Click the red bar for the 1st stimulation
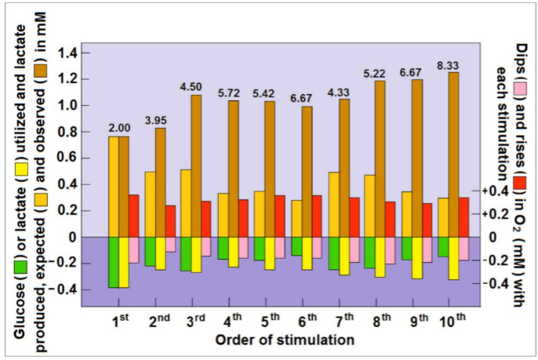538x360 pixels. pyautogui.click(x=133, y=215)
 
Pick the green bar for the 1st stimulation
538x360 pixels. pyautogui.click(x=114, y=262)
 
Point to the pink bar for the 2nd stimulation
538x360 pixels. pyautogui.click(x=170, y=244)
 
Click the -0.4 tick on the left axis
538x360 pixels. pyautogui.click(x=67, y=289)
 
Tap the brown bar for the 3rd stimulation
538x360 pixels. pyautogui.click(x=196, y=165)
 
